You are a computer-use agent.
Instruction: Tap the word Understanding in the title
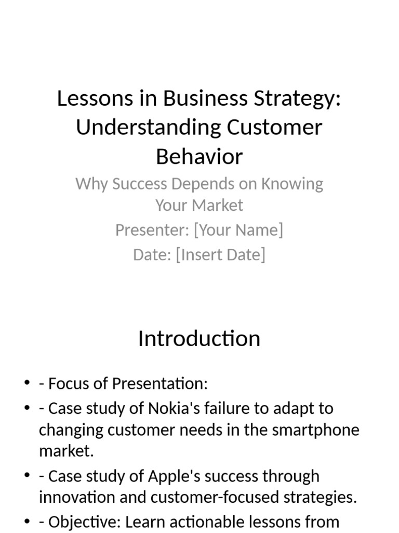coord(148,128)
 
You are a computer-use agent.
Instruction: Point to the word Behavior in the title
coord(199,157)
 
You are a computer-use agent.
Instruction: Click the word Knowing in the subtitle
coord(292,184)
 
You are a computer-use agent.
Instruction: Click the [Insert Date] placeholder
coord(220,255)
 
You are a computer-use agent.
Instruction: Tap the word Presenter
coord(151,230)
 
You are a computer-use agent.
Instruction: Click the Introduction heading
coord(199,339)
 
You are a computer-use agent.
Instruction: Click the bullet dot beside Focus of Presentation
coord(27,384)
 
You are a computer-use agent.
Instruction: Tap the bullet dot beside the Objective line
coord(27,522)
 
